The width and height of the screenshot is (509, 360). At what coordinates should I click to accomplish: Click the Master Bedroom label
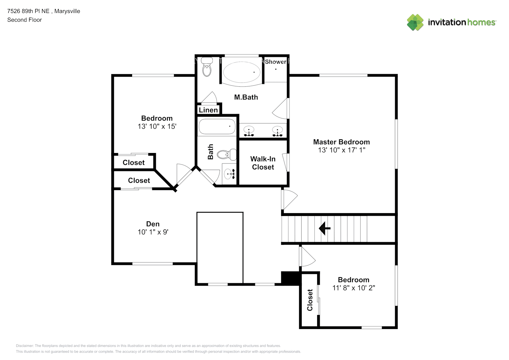click(341, 142)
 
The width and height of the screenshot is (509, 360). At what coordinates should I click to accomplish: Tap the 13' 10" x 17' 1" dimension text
click(341, 150)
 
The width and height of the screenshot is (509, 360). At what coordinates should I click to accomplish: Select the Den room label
click(153, 224)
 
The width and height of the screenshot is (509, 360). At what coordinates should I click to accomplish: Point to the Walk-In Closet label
click(263, 163)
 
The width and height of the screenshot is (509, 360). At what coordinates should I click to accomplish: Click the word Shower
click(275, 62)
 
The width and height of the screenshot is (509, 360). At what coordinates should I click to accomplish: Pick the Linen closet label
click(208, 110)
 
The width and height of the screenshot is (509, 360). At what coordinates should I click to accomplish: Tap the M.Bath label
click(246, 97)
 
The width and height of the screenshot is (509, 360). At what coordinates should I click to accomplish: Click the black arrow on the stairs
click(324, 228)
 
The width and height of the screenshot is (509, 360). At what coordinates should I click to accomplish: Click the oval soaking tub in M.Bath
click(242, 72)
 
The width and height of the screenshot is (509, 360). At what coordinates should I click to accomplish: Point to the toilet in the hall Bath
click(227, 154)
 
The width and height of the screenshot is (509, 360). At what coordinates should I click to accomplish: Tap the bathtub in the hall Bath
click(217, 127)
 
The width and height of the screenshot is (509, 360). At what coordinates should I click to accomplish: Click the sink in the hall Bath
click(229, 174)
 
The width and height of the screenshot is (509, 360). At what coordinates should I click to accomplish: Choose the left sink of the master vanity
click(249, 131)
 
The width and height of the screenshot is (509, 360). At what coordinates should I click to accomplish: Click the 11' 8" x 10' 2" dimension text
click(353, 288)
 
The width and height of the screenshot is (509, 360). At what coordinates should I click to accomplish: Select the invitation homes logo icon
click(415, 22)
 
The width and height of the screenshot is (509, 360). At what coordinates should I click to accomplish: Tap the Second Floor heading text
click(24, 20)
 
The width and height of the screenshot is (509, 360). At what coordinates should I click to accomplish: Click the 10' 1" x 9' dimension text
click(153, 232)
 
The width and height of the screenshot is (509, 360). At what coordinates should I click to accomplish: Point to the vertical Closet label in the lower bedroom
click(310, 300)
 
